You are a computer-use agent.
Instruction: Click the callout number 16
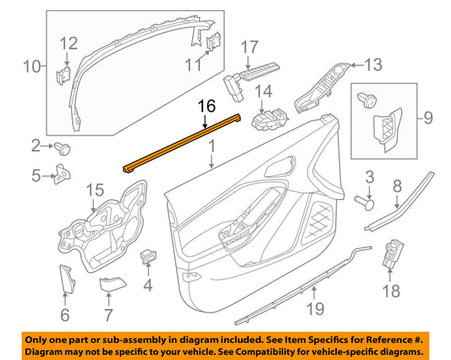click(206, 107)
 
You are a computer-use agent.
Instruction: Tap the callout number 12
click(68, 42)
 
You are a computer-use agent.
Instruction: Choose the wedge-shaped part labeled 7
click(110, 284)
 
